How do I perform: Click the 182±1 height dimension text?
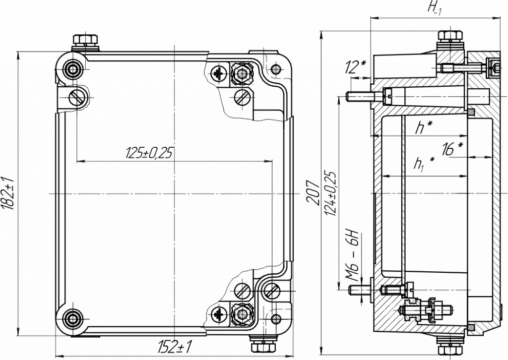8,193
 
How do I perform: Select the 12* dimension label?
355,67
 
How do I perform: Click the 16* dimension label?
452,149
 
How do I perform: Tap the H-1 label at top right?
435,8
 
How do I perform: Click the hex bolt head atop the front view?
85,40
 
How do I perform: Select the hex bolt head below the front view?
264,347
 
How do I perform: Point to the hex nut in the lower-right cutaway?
241,313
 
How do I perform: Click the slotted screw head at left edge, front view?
77,97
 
